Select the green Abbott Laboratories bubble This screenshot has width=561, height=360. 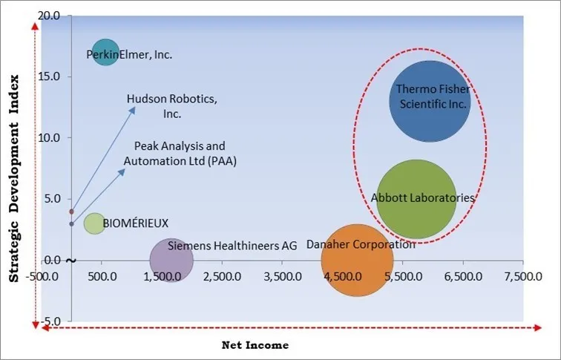[x=416, y=199]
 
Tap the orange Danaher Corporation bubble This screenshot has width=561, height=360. [x=357, y=260]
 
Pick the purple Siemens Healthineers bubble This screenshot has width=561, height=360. [x=171, y=261]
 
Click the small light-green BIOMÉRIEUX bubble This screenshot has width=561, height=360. [x=94, y=223]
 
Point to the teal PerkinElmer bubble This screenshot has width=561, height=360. [x=106, y=52]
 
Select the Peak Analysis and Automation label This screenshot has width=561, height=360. [x=180, y=154]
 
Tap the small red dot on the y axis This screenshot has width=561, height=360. [x=71, y=212]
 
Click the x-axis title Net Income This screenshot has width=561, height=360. [x=255, y=345]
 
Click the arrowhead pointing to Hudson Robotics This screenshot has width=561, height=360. [x=134, y=108]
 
